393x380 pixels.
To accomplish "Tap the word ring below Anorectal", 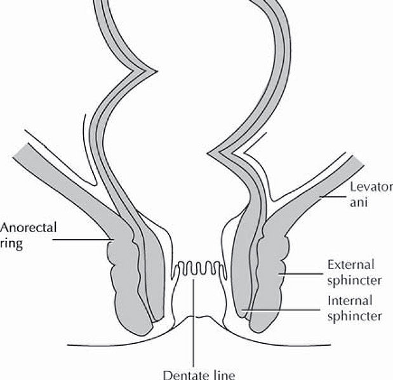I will (x=11, y=244).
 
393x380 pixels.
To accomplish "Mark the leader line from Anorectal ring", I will (x=79, y=239).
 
